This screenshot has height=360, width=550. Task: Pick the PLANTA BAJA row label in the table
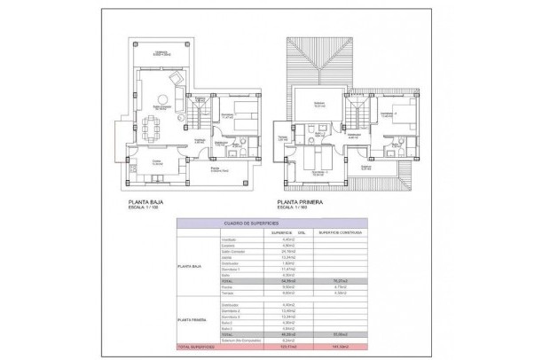pyautogui.click(x=193, y=264)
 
